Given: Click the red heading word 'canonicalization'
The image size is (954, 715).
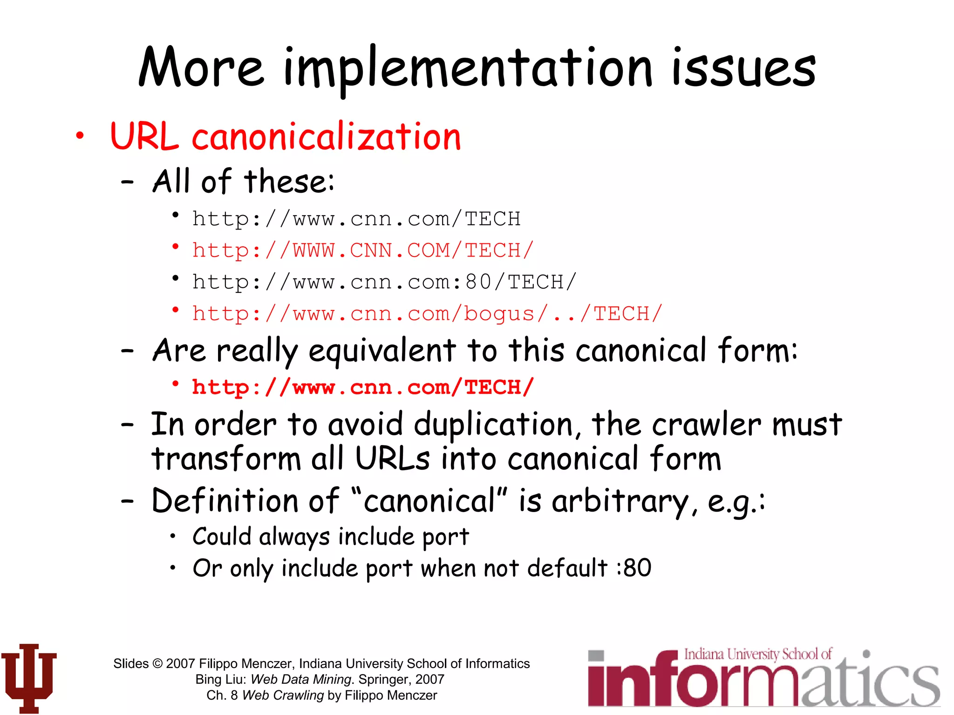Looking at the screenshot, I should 326,137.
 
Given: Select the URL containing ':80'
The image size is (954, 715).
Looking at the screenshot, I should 384,282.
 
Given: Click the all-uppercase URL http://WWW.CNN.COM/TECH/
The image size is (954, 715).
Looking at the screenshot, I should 362,250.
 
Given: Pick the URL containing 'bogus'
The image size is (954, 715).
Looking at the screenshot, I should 427,314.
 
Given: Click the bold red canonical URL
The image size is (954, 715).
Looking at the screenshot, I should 362,387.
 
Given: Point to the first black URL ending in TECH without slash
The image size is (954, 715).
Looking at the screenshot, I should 356,219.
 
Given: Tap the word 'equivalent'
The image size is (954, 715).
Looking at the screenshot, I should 382,351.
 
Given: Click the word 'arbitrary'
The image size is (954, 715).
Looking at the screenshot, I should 624,502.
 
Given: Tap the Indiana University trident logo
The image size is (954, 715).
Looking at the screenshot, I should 29,678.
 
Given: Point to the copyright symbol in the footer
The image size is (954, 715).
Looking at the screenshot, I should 157,664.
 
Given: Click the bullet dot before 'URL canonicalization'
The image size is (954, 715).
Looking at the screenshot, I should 80,136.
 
